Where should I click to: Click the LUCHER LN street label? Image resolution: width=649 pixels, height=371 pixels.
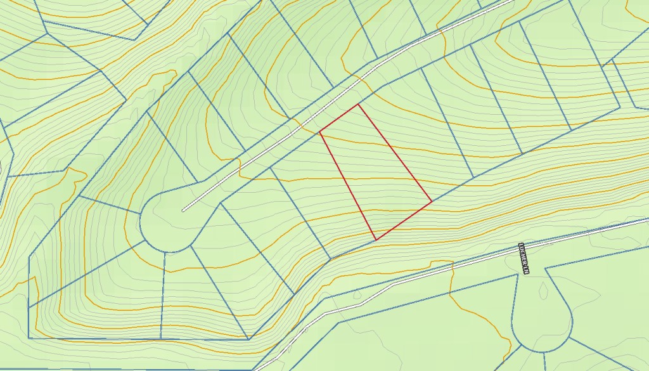tap(524, 258)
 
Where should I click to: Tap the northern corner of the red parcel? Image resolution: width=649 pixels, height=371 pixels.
tap(359, 104)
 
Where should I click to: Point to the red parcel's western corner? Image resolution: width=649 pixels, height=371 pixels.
tap(319, 133)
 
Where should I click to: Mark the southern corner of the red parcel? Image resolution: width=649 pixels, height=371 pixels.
tap(376, 240)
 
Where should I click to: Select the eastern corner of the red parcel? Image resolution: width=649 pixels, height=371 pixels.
tap(432, 202)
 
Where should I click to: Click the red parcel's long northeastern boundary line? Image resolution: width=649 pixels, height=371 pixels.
tap(395, 153)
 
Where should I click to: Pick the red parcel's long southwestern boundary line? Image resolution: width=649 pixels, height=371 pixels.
tap(347, 186)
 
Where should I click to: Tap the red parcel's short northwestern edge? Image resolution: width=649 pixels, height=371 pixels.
tap(339, 119)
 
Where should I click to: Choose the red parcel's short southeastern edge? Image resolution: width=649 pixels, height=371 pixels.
tap(404, 221)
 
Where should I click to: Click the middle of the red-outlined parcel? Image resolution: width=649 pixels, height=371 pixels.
tap(375, 171)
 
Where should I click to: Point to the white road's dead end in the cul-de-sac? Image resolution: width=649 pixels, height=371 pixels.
tap(183, 210)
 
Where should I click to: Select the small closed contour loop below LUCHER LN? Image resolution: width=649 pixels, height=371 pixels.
tap(544, 290)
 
